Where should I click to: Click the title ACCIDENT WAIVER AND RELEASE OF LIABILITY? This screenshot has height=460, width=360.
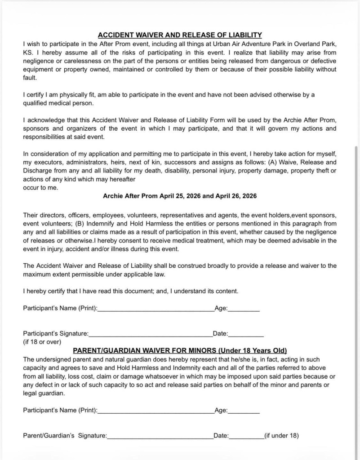click(x=180, y=35)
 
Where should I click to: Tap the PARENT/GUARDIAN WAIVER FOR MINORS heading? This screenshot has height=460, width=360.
click(x=180, y=350)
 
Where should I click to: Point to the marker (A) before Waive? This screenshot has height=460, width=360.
click(x=273, y=162)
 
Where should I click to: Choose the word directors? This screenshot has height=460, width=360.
click(x=54, y=215)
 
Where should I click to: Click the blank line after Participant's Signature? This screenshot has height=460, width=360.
click(x=150, y=334)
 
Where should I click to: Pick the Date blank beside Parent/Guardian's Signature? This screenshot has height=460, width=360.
click(x=246, y=436)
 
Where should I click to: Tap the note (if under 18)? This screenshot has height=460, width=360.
click(x=281, y=435)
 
